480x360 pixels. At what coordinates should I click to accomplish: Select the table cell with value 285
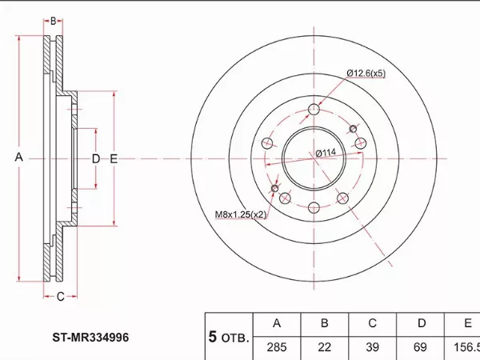pos(277,348)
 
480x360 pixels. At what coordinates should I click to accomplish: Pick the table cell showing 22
pos(325,348)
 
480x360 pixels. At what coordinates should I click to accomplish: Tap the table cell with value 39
pos(373,348)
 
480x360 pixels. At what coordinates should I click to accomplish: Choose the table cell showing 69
pos(421,348)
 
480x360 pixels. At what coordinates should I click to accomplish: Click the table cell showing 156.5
pos(466,348)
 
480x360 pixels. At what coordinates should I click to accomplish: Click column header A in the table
pos(277,324)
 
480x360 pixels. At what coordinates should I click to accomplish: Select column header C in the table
pos(373,324)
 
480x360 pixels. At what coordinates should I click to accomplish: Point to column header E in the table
pos(467,324)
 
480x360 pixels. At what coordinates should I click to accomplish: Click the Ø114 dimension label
pos(324,153)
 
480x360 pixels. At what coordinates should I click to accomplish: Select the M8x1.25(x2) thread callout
pos(240,214)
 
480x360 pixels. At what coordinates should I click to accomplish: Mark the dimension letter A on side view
pos(19,158)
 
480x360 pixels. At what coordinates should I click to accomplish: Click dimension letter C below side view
pos(60,297)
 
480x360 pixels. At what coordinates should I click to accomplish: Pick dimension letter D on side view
pos(95,158)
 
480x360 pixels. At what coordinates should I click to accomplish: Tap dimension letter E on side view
pos(114,158)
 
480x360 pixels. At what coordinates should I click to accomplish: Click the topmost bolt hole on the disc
pos(314,110)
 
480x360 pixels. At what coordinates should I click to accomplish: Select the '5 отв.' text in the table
pos(229,337)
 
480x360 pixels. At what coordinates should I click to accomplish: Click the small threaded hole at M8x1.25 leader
pos(276,190)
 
